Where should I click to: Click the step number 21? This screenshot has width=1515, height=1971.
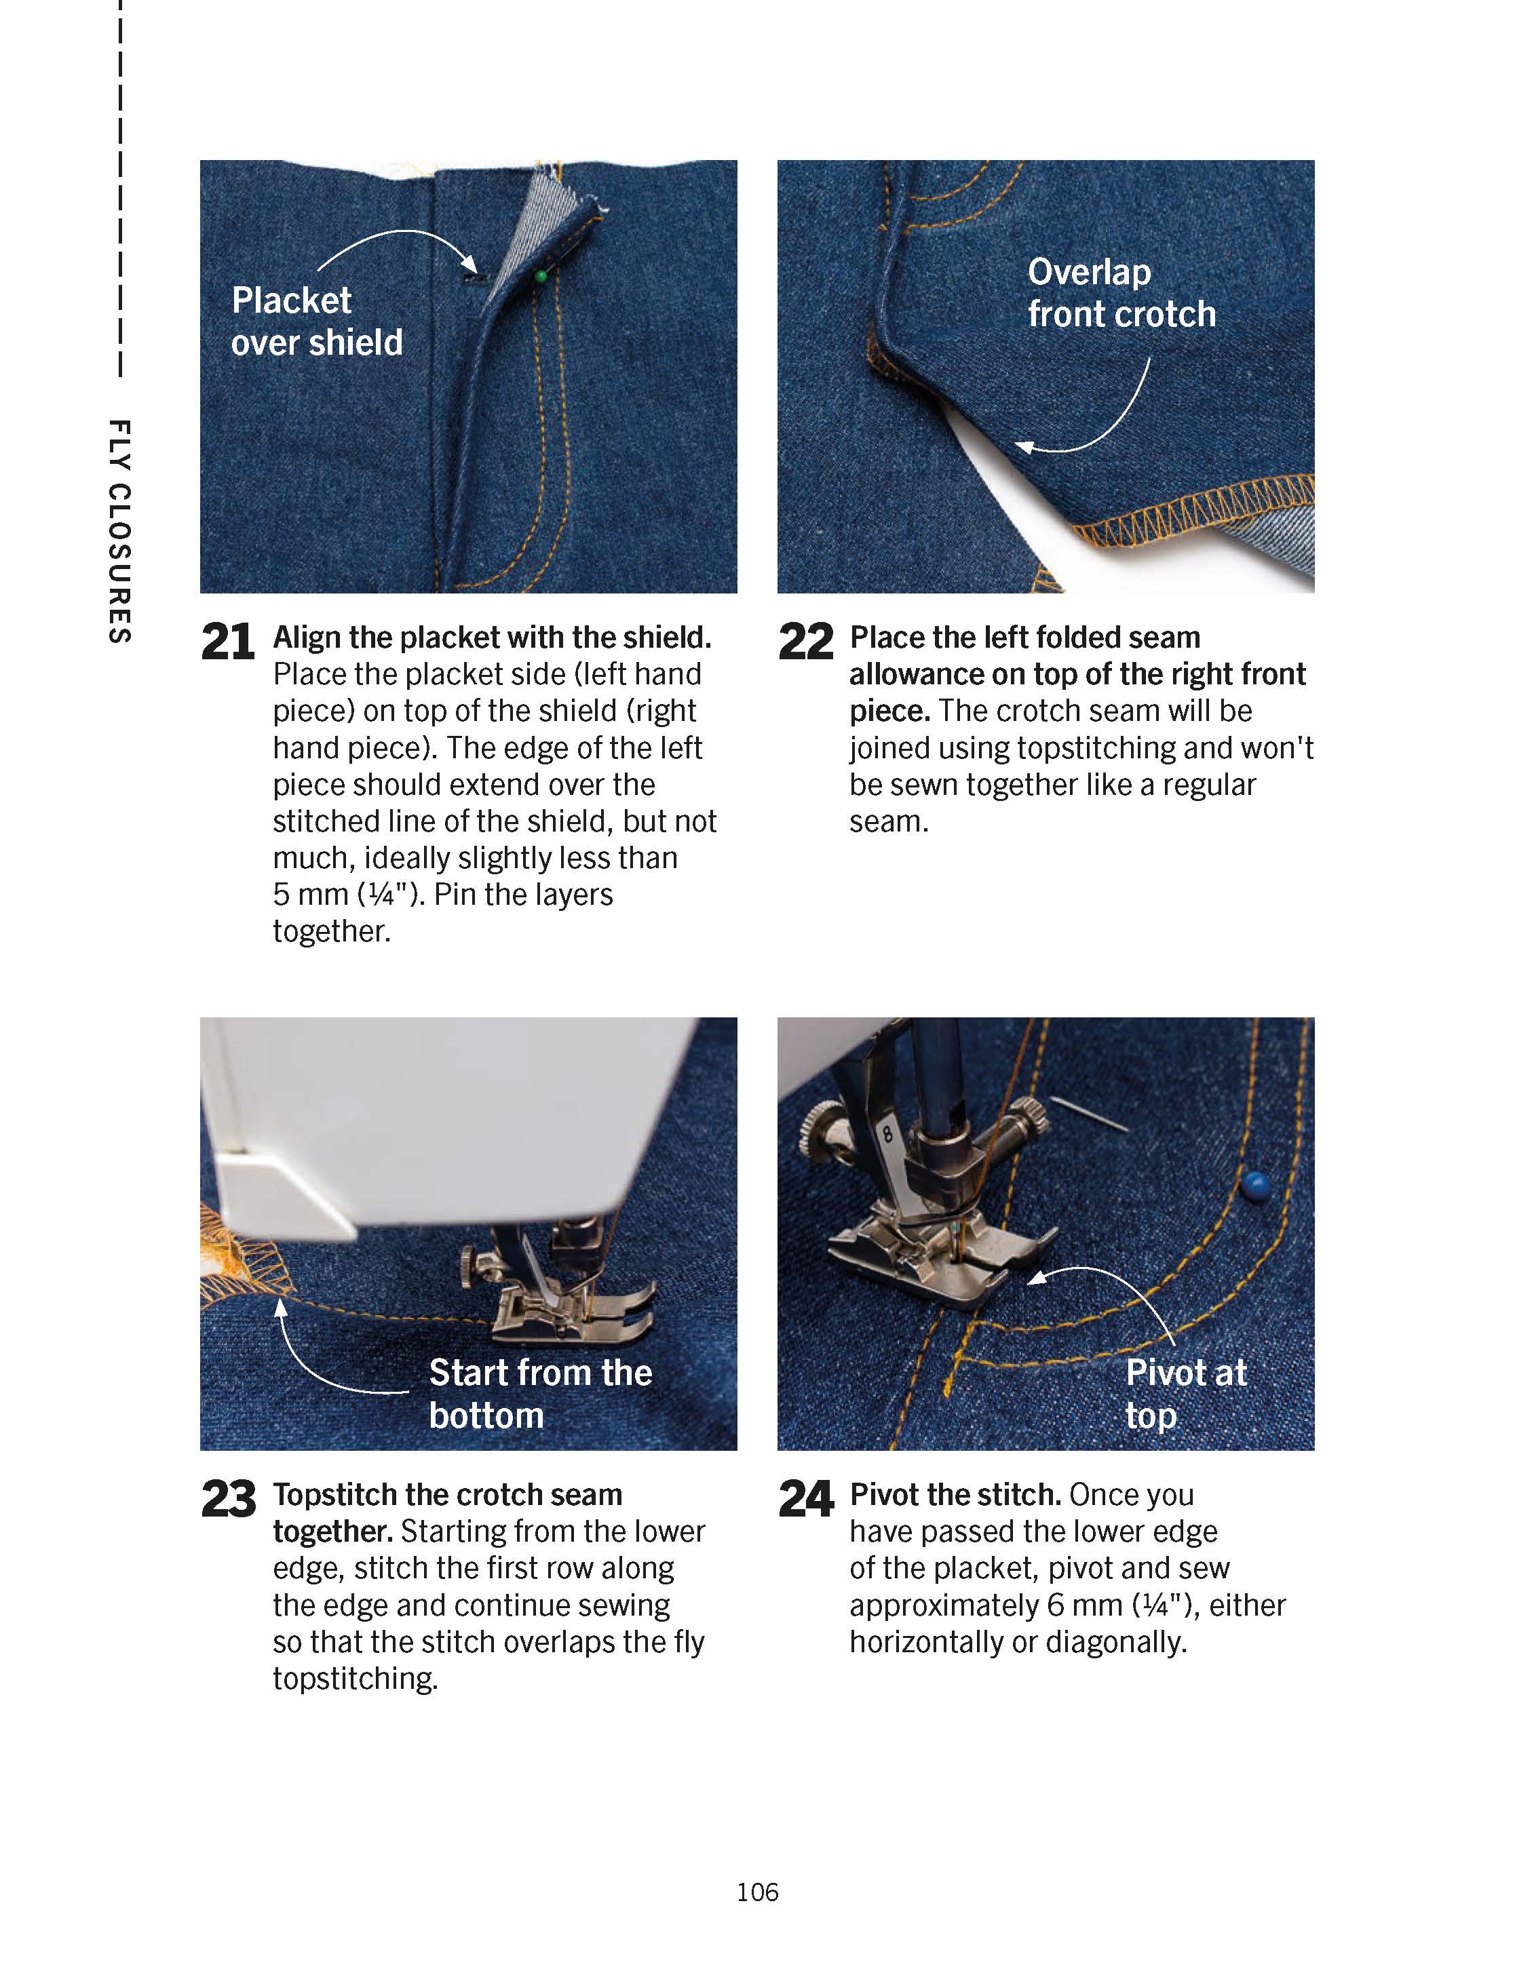227,643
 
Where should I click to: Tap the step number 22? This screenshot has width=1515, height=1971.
805,643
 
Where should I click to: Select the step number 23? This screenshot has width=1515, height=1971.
228,1500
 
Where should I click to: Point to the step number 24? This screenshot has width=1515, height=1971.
805,1500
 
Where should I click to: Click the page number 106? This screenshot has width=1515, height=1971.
756,1891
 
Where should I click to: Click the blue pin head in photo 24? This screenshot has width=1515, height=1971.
1254,1185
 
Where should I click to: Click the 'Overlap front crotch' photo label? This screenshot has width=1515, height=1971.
1121,293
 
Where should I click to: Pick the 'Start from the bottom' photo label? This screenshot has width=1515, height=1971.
539,1394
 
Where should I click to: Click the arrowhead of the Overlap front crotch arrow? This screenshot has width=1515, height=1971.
1024,446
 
